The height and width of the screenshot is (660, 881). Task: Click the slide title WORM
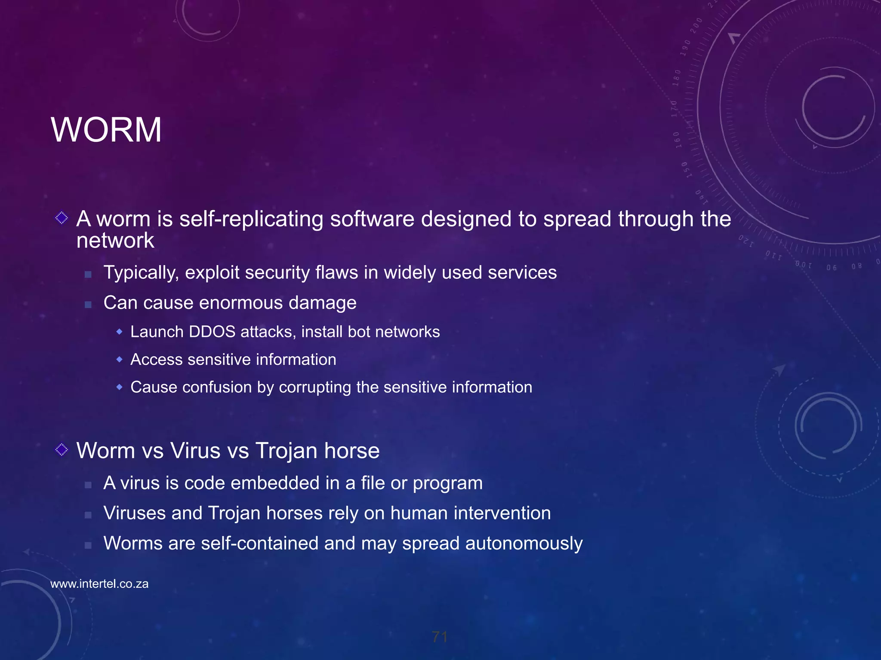[x=106, y=130]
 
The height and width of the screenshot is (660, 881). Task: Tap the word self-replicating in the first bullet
[x=251, y=219]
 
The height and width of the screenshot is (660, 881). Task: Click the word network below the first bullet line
[x=115, y=241]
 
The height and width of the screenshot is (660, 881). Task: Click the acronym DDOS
[x=212, y=332]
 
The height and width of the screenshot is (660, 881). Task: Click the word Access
[x=156, y=360]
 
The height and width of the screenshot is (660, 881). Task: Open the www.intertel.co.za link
[x=99, y=584]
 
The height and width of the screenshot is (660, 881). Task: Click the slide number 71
[x=440, y=637]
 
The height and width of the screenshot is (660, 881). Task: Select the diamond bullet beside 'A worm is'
[x=62, y=218]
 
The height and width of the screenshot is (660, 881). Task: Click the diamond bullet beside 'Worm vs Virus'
[x=62, y=450]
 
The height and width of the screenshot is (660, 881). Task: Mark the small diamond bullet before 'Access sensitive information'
[x=120, y=359]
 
